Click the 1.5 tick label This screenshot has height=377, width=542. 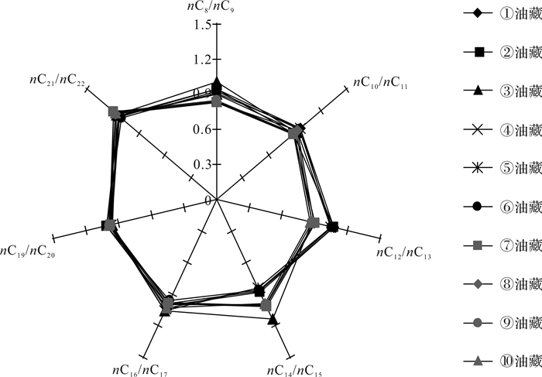pos(202,26)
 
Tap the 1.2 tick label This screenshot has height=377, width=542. pos(202,60)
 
